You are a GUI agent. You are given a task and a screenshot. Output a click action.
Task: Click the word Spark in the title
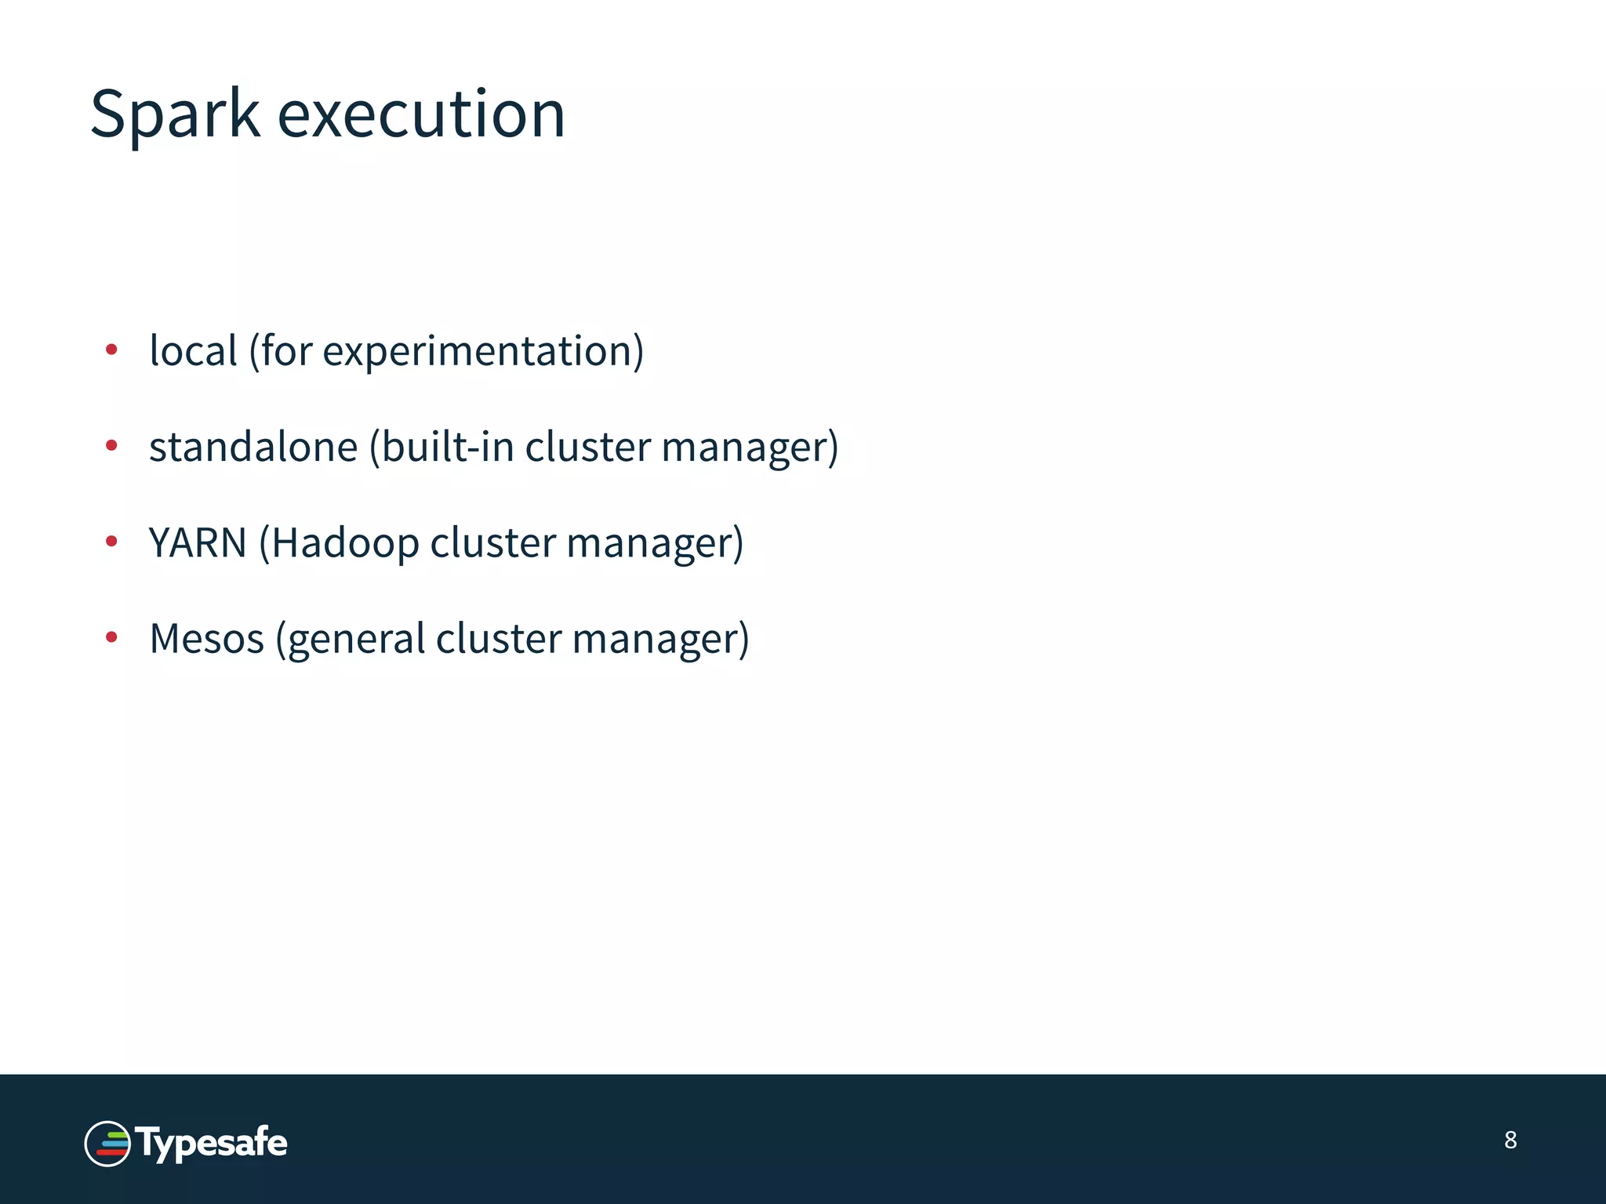[174, 114]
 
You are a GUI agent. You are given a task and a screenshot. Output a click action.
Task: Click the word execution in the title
[421, 114]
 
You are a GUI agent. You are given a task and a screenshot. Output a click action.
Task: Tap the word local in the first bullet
[193, 350]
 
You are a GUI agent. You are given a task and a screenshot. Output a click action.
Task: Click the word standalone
[253, 447]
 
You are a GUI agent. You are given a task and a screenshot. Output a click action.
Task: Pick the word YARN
[198, 542]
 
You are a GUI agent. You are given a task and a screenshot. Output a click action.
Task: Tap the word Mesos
[206, 639]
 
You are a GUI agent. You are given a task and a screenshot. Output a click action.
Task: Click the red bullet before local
[111, 350]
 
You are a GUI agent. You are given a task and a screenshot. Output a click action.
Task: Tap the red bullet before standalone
[111, 446]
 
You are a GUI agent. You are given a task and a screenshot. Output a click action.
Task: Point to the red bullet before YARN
[111, 542]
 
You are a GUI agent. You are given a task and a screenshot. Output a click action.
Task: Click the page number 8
[1510, 1140]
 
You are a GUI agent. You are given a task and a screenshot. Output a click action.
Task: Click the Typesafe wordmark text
[212, 1143]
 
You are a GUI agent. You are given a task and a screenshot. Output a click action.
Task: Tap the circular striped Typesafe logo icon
[107, 1144]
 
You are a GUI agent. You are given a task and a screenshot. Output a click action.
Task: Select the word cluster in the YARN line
[492, 542]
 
